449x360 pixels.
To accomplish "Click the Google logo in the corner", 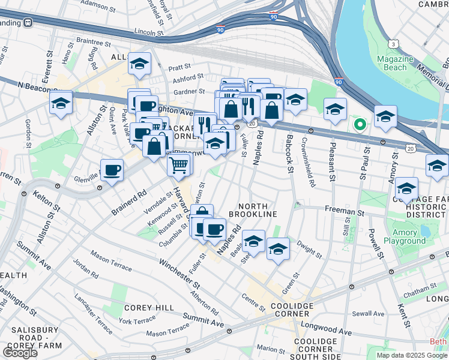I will click(20, 352).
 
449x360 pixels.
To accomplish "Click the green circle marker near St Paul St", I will click(360, 125).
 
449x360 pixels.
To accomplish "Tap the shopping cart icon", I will click(179, 164).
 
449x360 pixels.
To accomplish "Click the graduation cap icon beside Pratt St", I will click(139, 65).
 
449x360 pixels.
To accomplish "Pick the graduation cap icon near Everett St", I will click(61, 103).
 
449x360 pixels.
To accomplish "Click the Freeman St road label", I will click(345, 212).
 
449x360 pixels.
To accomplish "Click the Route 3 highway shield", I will click(393, 44).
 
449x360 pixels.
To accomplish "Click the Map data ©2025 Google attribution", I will click(411, 355).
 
